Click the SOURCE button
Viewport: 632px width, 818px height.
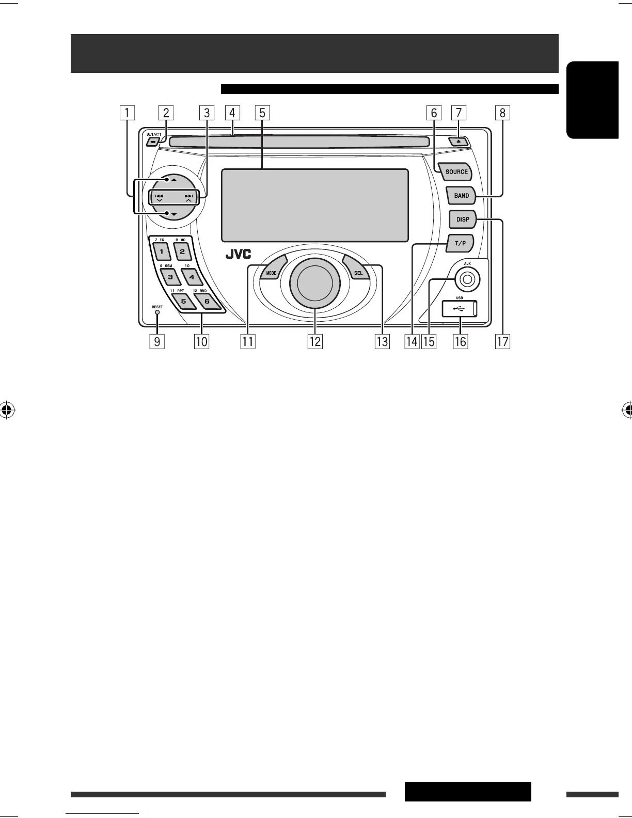pos(456,172)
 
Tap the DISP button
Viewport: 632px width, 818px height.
pos(463,219)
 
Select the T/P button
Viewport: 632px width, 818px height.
pos(459,243)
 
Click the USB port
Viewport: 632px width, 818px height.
pos(460,308)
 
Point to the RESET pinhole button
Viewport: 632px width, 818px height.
pos(157,312)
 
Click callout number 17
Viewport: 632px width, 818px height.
pos(502,341)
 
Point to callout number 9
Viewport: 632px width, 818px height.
pos(157,341)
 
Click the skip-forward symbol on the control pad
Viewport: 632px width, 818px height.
pos(189,196)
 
